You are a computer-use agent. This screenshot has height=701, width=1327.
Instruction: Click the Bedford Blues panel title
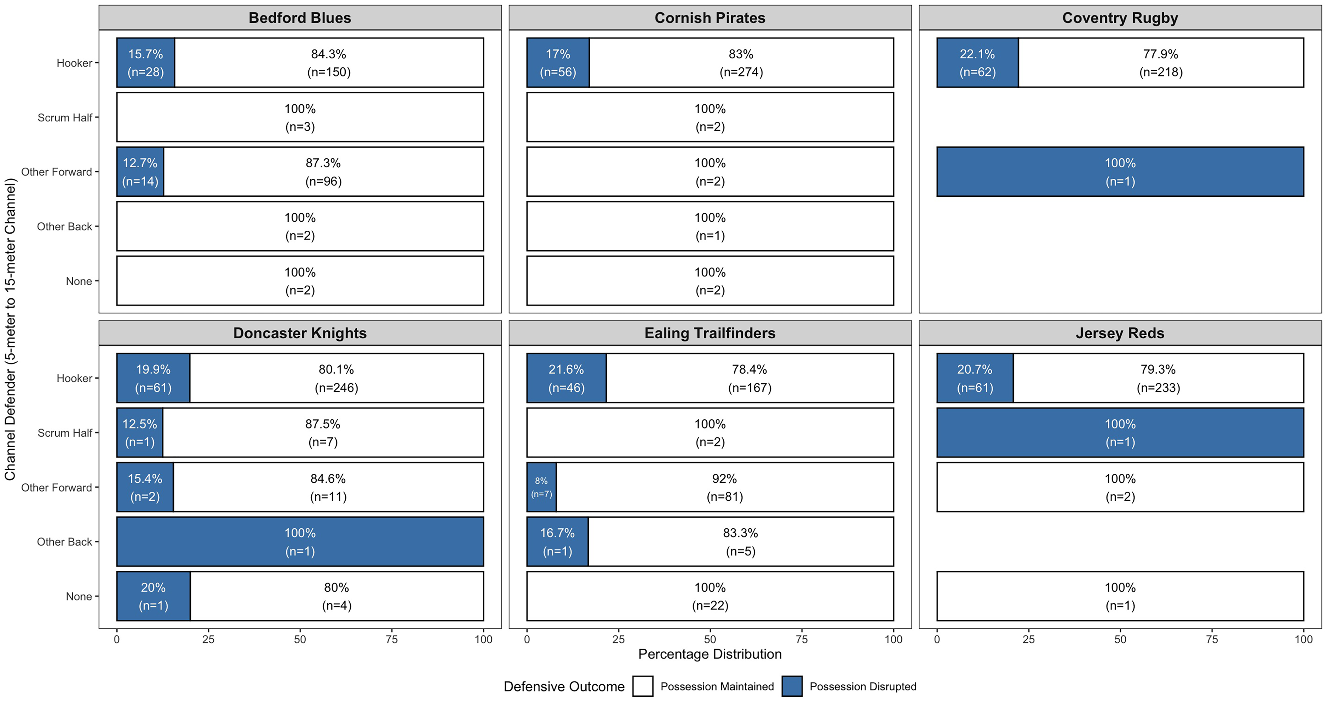(300, 18)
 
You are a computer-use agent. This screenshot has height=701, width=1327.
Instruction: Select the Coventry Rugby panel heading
(1120, 18)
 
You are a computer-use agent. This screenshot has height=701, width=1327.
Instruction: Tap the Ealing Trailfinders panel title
(710, 333)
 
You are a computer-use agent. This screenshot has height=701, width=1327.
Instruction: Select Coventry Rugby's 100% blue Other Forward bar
(1120, 172)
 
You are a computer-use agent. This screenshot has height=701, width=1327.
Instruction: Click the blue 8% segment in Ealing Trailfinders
(541, 487)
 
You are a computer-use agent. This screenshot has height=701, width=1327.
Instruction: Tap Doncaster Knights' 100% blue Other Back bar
(300, 542)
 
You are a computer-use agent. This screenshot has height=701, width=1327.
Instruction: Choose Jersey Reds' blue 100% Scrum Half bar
(1120, 433)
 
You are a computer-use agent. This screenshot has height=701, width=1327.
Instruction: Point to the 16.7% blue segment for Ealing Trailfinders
(557, 542)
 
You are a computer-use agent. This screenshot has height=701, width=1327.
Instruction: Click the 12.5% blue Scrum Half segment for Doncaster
(140, 433)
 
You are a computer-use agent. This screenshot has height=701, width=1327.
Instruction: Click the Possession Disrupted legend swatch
(792, 686)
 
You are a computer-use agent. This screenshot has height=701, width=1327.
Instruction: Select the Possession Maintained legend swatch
(643, 686)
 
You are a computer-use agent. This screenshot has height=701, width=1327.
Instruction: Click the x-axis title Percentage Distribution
(710, 654)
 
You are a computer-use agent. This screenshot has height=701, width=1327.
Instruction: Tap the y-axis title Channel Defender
(10, 330)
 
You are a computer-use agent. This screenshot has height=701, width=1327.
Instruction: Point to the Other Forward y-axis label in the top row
(57, 172)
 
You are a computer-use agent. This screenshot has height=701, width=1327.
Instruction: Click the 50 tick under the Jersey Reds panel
(1120, 639)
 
